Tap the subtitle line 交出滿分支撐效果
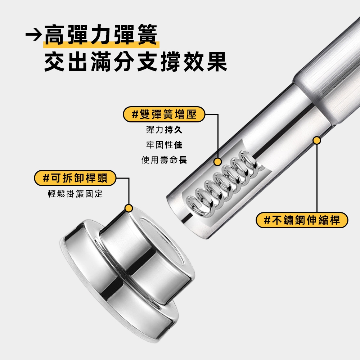point(136,62)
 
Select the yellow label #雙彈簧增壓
point(164,114)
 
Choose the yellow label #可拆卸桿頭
point(75,178)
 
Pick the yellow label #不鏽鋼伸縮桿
point(302,220)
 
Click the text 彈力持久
point(164,130)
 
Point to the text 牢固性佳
point(164,145)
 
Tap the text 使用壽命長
point(164,160)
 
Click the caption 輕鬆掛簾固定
point(75,194)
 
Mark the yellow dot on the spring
point(217,162)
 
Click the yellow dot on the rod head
point(129,208)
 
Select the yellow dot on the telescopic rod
point(317,140)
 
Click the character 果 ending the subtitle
point(217,62)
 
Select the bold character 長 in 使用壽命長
point(183,160)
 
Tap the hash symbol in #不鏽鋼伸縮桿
point(267,220)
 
